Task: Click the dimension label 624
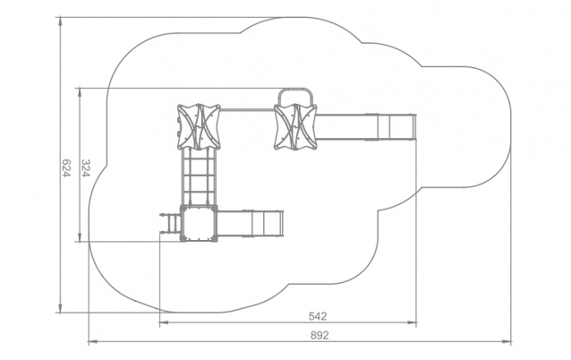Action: [66, 168]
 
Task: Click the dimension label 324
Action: [85, 168]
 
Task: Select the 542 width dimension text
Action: [318, 316]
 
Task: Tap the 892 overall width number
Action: [320, 335]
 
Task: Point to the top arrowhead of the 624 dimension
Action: [61, 21]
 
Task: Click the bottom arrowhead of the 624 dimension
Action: [61, 308]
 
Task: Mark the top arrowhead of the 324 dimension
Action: [80, 92]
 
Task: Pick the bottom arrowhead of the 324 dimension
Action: [80, 236]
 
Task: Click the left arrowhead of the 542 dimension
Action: [165, 322]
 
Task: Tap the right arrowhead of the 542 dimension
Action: [412, 322]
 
